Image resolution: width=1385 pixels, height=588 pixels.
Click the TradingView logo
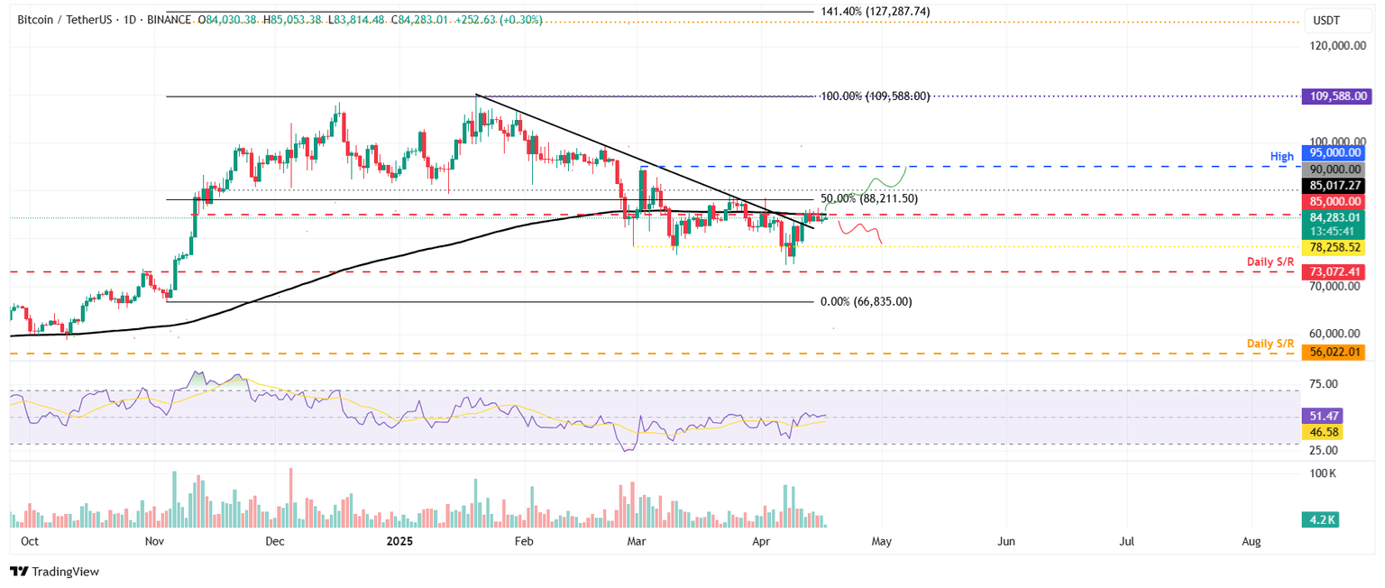coord(54,572)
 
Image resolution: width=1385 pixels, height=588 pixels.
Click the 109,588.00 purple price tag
coord(1334,96)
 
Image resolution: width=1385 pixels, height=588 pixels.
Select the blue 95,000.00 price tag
coord(1334,152)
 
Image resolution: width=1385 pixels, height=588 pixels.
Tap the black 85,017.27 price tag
coord(1334,185)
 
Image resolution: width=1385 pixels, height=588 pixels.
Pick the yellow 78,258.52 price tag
coord(1334,247)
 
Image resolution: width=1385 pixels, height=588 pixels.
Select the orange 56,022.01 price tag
coord(1334,353)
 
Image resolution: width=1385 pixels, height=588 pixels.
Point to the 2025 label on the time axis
coord(398,541)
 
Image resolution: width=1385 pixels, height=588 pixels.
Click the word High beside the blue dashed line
coord(1280,156)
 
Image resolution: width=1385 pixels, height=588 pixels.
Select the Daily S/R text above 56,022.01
coord(1270,344)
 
